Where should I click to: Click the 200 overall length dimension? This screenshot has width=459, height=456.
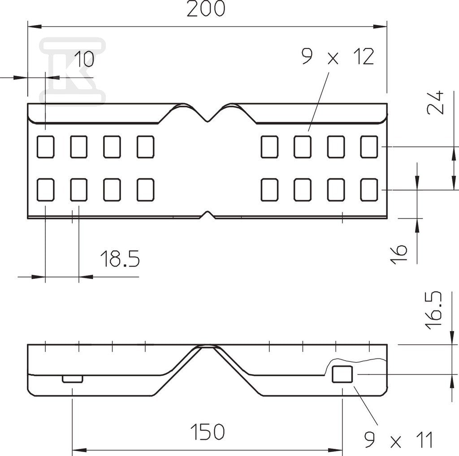tap(206, 9)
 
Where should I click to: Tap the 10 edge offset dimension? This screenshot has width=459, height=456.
tap(84, 59)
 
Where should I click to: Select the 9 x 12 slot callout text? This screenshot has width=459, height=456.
tap(338, 57)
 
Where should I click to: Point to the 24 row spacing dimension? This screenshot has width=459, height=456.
tap(436, 103)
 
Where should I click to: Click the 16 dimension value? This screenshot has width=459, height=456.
tap(398, 254)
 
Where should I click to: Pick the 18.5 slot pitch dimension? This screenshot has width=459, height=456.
tap(120, 259)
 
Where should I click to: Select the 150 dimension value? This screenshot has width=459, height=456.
tap(207, 432)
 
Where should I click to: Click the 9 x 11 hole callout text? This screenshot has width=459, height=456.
tap(398, 439)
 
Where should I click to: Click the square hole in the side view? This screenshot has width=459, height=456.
tap(342, 374)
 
